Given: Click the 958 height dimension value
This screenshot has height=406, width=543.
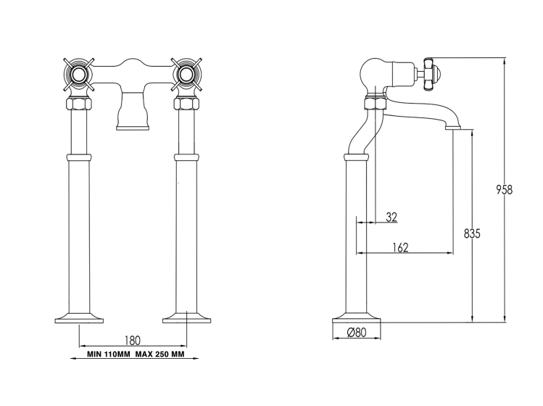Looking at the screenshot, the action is point(504,190).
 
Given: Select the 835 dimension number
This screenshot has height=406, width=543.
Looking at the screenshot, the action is point(472,234).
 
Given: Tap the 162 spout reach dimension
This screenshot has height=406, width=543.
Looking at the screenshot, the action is point(400,247).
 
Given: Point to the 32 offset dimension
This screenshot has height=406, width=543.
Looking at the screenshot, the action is point(391,217).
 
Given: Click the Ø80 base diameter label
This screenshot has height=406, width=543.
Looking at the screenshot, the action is point(357,333).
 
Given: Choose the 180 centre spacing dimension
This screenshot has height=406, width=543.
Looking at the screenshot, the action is point(132,341).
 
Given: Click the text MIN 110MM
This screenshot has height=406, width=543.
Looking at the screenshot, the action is point(109,355).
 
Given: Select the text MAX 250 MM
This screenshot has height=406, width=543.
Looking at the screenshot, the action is point(159,355).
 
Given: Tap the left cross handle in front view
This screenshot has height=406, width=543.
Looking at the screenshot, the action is point(79,75).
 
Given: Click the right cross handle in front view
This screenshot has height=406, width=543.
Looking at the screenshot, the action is point(186,75).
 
